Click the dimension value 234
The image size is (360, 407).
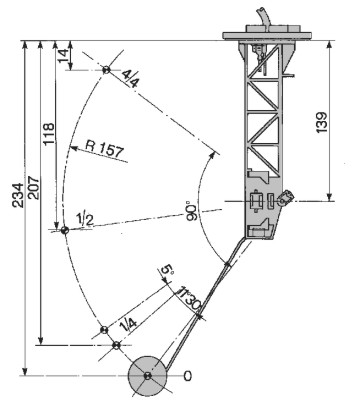[x=18, y=195]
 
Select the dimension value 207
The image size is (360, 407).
[x=34, y=188]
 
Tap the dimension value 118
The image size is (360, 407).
[x=49, y=134]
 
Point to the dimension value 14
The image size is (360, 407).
[x=63, y=56]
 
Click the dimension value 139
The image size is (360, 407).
[x=321, y=122]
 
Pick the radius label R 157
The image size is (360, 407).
[x=104, y=149]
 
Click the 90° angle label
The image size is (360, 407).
[x=192, y=210]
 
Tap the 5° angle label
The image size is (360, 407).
[x=167, y=271]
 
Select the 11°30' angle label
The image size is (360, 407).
[x=189, y=298]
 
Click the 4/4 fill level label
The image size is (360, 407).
[x=130, y=79]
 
